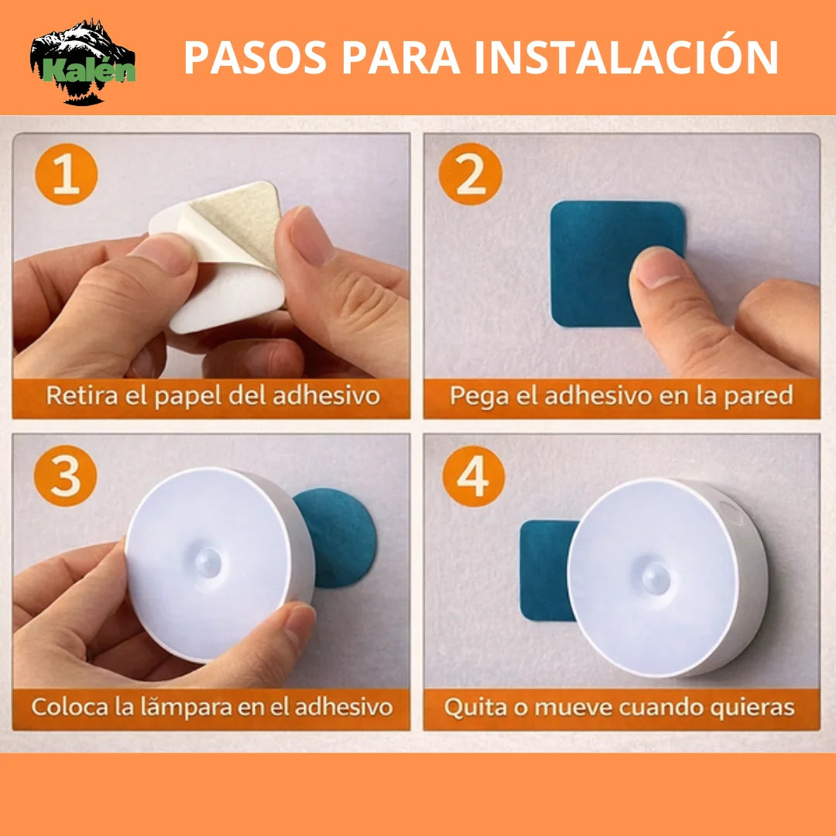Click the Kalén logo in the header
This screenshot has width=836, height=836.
(83, 62)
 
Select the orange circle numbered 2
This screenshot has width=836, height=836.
(470, 174)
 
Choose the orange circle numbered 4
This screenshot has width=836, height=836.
(473, 476)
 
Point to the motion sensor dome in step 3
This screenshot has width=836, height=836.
(210, 561)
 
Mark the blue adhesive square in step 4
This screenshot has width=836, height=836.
(546, 569)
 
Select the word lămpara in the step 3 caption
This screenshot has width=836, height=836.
(172, 707)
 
